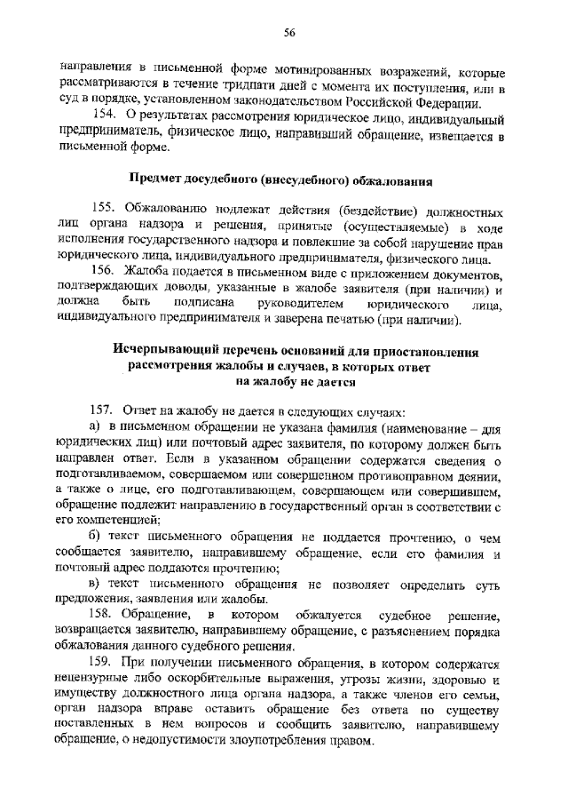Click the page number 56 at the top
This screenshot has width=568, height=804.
click(288, 33)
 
